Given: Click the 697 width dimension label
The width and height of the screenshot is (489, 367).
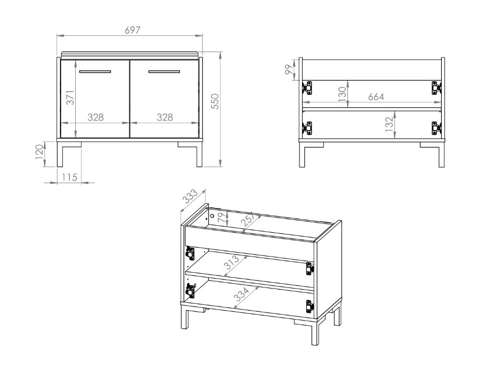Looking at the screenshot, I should pos(132,31).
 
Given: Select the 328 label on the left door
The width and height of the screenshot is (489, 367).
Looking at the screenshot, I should pos(95,117).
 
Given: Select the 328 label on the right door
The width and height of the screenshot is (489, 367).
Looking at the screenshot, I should pos(165,117).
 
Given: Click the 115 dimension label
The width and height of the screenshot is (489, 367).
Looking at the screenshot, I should pos(69,177).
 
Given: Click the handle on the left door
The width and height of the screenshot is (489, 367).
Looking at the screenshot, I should pos(95,71).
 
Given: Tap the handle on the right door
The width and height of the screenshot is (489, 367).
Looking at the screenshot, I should pos(164,71).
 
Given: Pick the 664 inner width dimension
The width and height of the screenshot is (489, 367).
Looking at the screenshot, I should pos(376,97).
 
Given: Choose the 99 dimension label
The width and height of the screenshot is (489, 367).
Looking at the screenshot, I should pos(289,69).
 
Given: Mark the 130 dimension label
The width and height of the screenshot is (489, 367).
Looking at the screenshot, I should pos(342,94).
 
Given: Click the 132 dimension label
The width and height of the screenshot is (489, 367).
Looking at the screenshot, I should pos(389,127).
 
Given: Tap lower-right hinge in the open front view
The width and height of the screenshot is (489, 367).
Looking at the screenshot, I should pos(435,127).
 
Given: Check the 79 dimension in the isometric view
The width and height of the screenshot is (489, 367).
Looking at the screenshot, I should pos(221,217).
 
